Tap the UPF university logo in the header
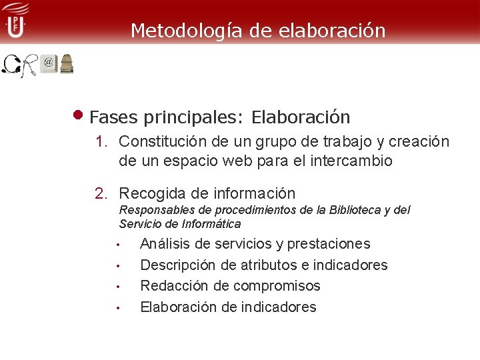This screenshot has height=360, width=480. pyautogui.click(x=15, y=20)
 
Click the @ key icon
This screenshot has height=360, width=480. pyautogui.click(x=48, y=63)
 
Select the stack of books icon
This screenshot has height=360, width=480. pyautogui.click(x=67, y=63)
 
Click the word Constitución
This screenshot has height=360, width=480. pyautogui.click(x=157, y=142)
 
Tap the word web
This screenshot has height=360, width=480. pyautogui.click(x=225, y=161)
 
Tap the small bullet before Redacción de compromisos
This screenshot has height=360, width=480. pyautogui.click(x=117, y=287)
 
